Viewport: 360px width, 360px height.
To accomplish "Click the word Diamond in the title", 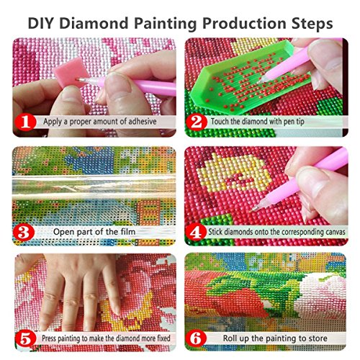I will (x=102, y=22).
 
